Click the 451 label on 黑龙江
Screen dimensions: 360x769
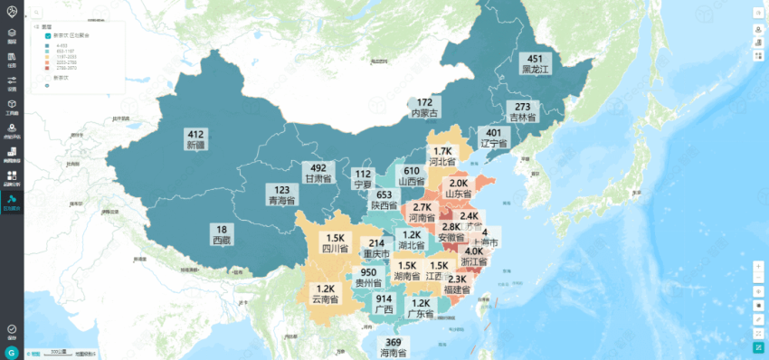click(x=535, y=59)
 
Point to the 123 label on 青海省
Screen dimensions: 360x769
click(x=282, y=191)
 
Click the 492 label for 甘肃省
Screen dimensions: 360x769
click(x=318, y=168)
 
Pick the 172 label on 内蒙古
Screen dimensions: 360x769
click(x=425, y=103)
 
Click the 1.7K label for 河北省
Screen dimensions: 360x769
click(x=442, y=152)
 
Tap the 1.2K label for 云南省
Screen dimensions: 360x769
click(x=326, y=289)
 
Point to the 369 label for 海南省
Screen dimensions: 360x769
click(x=394, y=343)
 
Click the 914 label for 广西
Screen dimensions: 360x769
click(x=384, y=299)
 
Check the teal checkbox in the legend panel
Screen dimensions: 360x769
click(x=46, y=35)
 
